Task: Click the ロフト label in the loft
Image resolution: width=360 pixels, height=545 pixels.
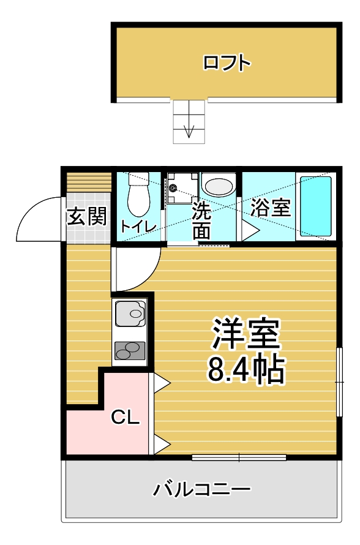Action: pyautogui.click(x=227, y=63)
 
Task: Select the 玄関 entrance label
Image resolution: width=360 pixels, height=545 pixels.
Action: pyautogui.click(x=86, y=217)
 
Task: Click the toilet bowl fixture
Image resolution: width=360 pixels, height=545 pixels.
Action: pyautogui.click(x=138, y=194)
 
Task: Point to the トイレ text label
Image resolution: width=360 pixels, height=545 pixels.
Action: pyautogui.click(x=138, y=227)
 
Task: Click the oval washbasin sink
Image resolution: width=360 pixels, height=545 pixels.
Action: pyautogui.click(x=218, y=186)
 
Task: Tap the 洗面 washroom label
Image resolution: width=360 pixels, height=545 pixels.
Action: pyautogui.click(x=201, y=220)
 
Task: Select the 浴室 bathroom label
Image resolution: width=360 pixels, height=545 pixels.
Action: pyautogui.click(x=270, y=208)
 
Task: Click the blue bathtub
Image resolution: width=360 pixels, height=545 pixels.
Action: pyautogui.click(x=315, y=206)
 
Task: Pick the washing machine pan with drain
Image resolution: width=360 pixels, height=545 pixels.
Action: pyautogui.click(x=182, y=188)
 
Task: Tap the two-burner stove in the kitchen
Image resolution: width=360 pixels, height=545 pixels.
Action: pyautogui.click(x=130, y=351)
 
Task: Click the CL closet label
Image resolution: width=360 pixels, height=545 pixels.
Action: pyautogui.click(x=125, y=418)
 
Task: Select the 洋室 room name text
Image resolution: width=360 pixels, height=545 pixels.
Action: pyautogui.click(x=246, y=334)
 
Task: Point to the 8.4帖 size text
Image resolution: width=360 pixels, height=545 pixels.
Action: pyautogui.click(x=246, y=369)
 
